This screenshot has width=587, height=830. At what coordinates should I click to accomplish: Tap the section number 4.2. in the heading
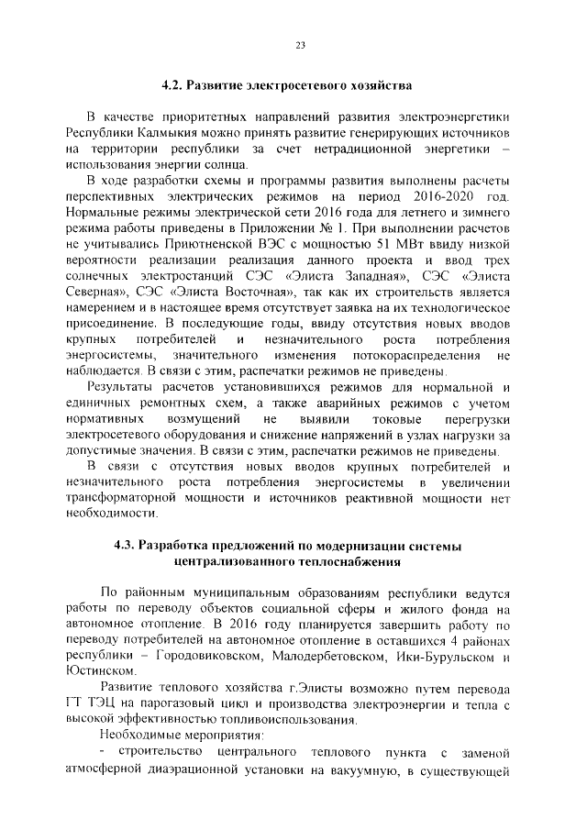[x=173, y=85]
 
